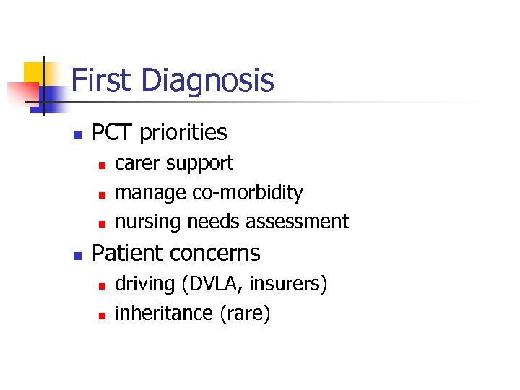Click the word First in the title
[100, 79]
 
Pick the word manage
[151, 194]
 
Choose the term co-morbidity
[248, 194]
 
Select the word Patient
[127, 253]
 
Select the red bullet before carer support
[103, 165]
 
